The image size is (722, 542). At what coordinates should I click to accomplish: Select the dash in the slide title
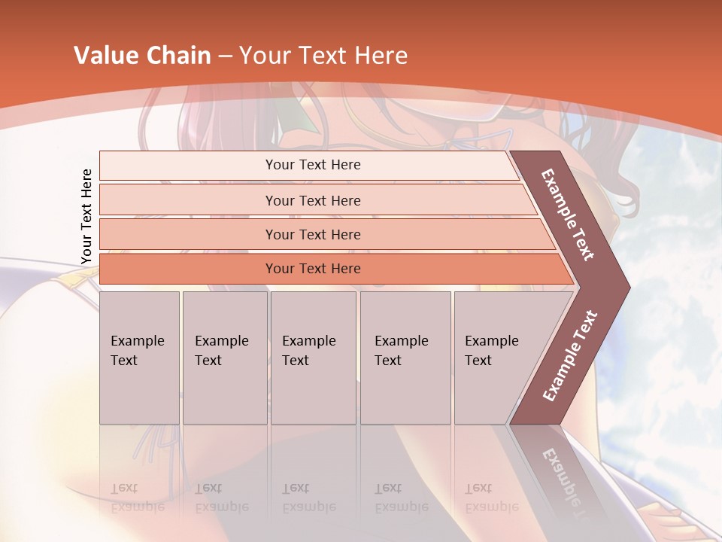pyautogui.click(x=225, y=56)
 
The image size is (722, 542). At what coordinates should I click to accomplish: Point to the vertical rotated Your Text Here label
pyautogui.click(x=86, y=216)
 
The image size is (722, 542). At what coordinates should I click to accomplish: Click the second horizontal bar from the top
pyautogui.click(x=313, y=200)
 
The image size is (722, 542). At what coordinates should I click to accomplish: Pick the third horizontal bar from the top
pyautogui.click(x=313, y=234)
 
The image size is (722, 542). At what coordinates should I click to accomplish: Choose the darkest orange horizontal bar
pyautogui.click(x=313, y=269)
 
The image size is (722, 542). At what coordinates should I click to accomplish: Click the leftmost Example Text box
pyautogui.click(x=139, y=357)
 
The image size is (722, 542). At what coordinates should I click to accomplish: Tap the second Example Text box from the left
pyautogui.click(x=224, y=357)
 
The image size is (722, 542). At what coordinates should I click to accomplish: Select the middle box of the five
pyautogui.click(x=313, y=357)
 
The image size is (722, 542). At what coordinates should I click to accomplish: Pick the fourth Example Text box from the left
pyautogui.click(x=405, y=357)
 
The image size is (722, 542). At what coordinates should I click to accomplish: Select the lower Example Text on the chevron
pyautogui.click(x=570, y=355)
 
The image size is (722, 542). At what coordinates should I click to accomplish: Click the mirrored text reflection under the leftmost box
pyautogui.click(x=137, y=498)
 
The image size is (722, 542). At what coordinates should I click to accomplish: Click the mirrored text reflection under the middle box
pyautogui.click(x=308, y=498)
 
